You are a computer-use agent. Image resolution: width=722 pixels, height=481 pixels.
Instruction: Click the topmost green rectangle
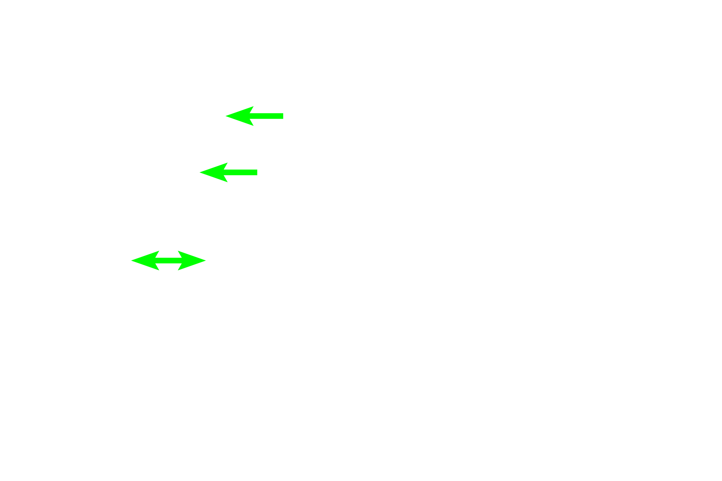(254, 116)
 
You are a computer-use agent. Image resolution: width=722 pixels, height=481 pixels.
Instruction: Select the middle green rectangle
(228, 172)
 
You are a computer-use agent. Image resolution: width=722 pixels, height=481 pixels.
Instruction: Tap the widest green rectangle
(168, 260)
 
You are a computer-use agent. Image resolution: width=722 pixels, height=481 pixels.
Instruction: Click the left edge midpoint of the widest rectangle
(131, 260)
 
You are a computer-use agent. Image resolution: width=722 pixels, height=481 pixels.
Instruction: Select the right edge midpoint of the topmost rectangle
(283, 116)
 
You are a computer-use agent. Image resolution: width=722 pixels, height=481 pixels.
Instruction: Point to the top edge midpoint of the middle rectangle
(228, 162)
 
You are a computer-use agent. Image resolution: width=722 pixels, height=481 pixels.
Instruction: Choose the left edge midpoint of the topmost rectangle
(225, 116)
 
